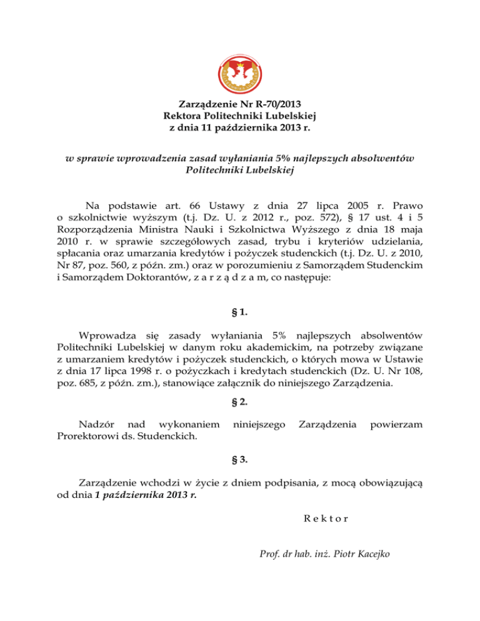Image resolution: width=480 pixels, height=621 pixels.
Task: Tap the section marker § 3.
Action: [240, 460]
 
